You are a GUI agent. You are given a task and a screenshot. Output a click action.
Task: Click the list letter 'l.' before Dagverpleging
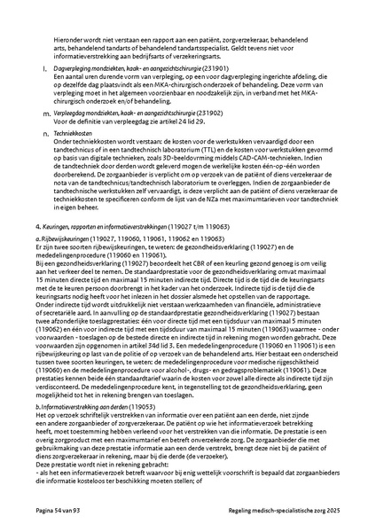click(x=44, y=67)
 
